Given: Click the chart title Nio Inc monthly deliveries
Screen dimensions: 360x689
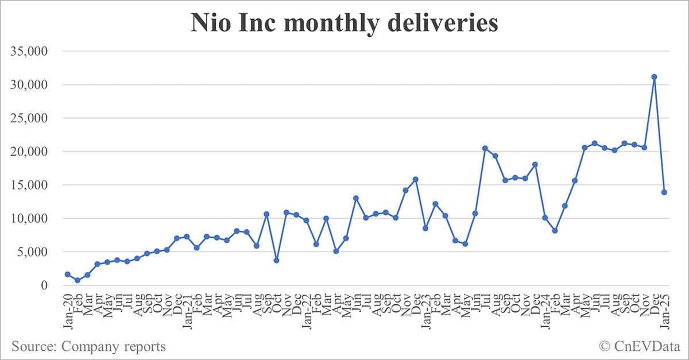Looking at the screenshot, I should [344, 23].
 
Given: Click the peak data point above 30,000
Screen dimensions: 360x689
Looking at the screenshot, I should [654, 77].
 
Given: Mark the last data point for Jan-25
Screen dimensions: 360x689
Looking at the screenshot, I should [664, 192].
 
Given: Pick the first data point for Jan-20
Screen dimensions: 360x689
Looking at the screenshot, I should [68, 274].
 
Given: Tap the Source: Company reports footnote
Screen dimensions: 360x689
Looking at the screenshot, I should [88, 347].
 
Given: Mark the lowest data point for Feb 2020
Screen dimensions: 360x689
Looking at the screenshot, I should [78, 280].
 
